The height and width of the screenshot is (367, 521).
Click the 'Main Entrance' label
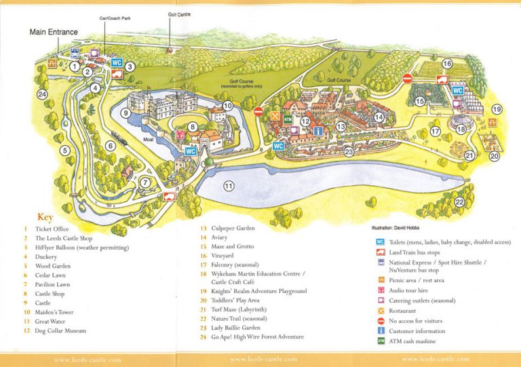(x=53, y=31)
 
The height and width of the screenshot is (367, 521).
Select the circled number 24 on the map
(x=43, y=94)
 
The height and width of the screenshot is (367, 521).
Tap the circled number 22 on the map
(x=459, y=202)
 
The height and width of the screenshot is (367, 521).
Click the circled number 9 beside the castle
(x=126, y=113)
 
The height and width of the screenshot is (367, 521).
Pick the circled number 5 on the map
(x=65, y=151)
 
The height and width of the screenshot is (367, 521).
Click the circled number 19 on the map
(x=497, y=109)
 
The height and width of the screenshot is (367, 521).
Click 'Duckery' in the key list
(x=47, y=257)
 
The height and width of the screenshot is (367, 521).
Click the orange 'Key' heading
(x=45, y=218)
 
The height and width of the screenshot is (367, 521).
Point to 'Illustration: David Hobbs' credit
(x=402, y=228)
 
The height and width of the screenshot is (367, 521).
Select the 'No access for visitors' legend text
(x=422, y=320)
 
